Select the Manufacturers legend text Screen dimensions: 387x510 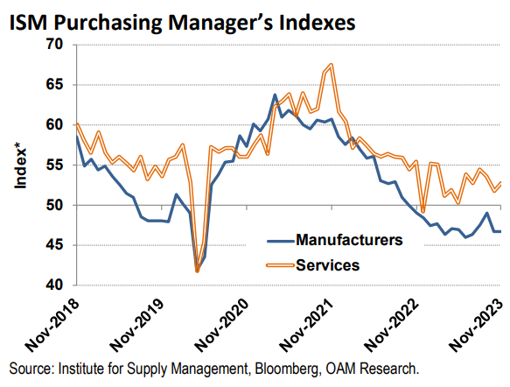coord(349,238)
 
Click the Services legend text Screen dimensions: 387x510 coord(328,264)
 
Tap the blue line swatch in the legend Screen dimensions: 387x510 coord(279,238)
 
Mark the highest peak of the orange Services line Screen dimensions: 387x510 coord(331,65)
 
